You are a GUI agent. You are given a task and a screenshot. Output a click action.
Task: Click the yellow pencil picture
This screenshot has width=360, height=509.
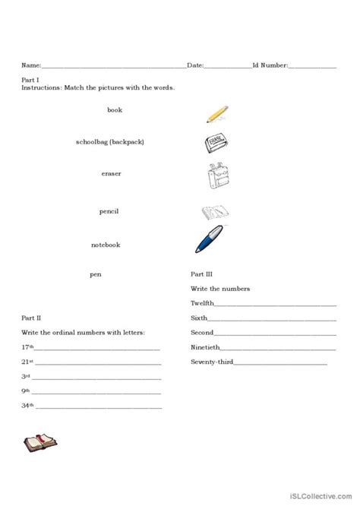(x=217, y=114)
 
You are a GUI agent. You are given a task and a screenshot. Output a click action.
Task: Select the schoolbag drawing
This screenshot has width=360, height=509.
(x=218, y=178)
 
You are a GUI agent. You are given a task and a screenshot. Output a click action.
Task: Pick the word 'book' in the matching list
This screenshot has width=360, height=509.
(x=115, y=110)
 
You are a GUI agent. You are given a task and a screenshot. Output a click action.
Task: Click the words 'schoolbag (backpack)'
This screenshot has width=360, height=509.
(x=110, y=142)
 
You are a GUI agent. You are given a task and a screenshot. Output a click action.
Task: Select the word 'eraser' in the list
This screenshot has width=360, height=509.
(x=111, y=174)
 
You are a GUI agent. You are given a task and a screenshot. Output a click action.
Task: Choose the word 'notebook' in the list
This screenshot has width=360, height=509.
(x=106, y=245)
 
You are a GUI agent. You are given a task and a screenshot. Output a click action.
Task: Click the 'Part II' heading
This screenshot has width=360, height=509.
(x=32, y=315)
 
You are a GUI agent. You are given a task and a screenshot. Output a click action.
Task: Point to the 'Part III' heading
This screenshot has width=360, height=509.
(x=203, y=273)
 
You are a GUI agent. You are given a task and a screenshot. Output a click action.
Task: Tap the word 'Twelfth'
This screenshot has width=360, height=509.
(x=203, y=302)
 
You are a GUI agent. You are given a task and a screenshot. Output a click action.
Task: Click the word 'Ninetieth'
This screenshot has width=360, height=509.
(x=205, y=347)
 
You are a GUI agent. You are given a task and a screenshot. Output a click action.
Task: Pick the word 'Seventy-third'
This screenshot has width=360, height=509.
(x=211, y=362)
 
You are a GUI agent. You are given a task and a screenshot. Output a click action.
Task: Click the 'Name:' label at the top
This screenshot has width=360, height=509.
(x=31, y=66)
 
